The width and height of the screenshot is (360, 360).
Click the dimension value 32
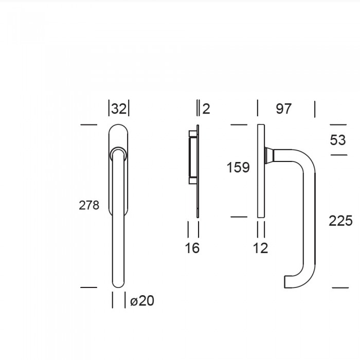tap(119, 109)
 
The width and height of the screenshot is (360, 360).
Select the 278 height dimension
tap(89, 205)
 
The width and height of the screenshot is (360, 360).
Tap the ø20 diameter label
tap(142, 300)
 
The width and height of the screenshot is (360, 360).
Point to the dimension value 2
tap(206, 109)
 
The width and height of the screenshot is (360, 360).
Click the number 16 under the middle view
tap(192, 248)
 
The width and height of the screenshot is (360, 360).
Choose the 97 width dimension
tap(284, 109)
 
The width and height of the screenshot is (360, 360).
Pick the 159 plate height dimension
tap(238, 167)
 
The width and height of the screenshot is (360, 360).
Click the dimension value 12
tap(261, 248)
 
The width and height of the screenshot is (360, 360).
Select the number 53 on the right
tap(338, 140)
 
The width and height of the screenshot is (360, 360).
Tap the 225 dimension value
tap(340, 221)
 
